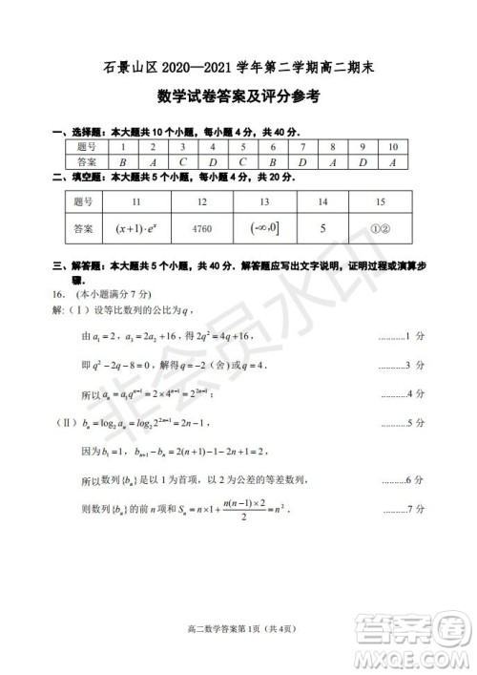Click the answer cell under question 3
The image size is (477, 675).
(x=183, y=162)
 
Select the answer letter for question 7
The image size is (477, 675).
(x=302, y=162)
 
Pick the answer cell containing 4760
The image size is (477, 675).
(x=203, y=230)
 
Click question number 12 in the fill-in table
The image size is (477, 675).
(x=203, y=202)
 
